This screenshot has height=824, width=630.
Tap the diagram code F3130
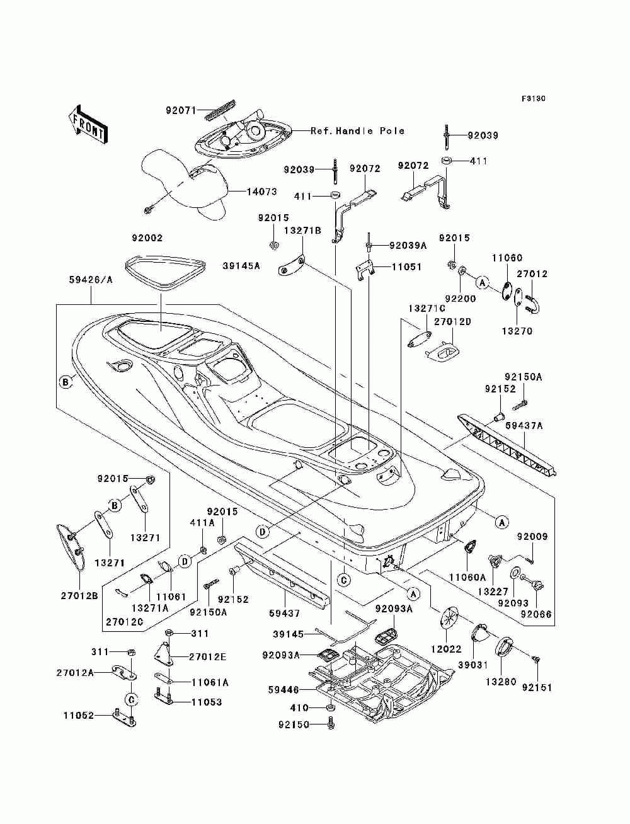click(533, 99)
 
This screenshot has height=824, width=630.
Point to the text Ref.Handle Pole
click(357, 131)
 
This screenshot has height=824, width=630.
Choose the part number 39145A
click(241, 266)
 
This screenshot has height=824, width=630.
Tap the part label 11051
click(407, 267)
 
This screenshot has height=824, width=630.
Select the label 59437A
click(524, 426)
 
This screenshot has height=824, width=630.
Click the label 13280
click(501, 682)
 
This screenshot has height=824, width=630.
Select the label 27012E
click(207, 656)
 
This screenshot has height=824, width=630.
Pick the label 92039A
click(408, 245)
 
